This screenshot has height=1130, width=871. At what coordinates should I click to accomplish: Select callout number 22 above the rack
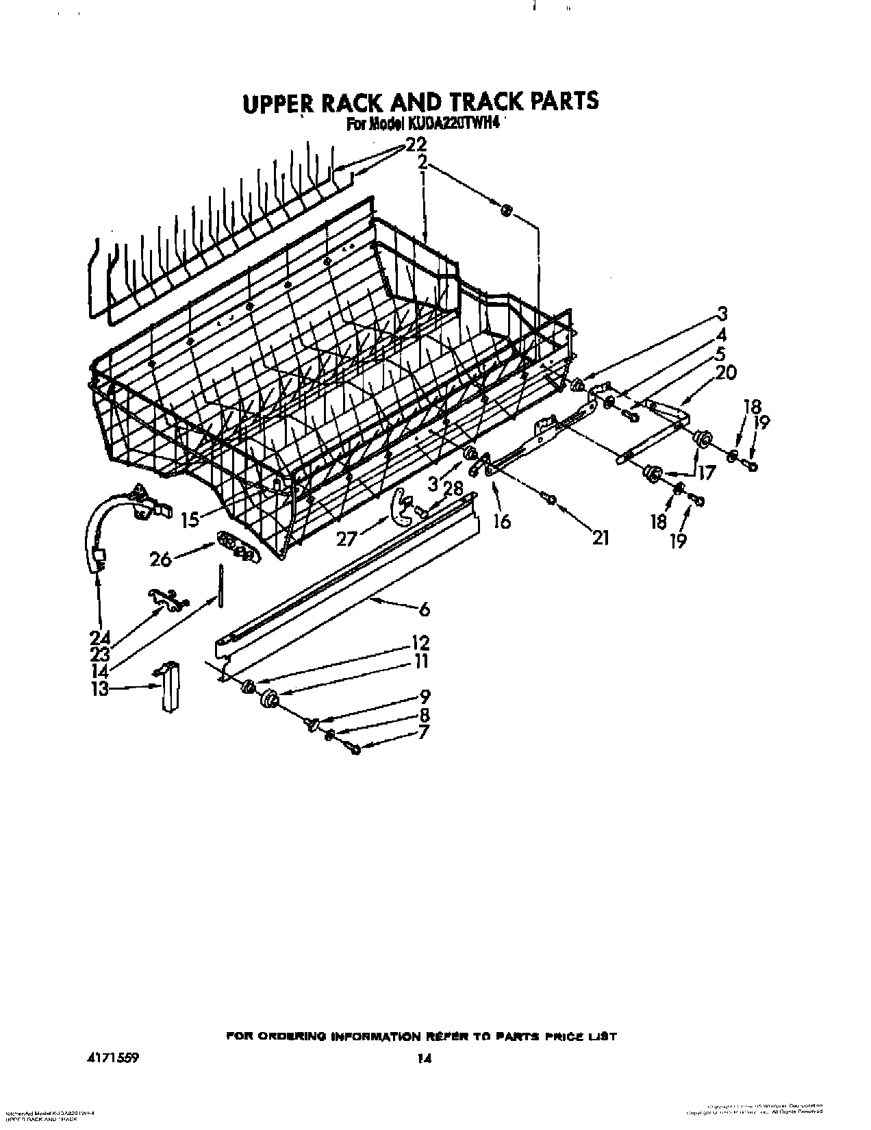(x=416, y=145)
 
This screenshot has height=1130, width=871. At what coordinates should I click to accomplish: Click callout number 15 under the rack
(x=190, y=519)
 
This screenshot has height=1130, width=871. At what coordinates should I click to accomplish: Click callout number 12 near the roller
(x=420, y=643)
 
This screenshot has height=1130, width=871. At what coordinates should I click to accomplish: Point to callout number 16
(x=501, y=522)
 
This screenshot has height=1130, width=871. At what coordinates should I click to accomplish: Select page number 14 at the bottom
(x=424, y=1040)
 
